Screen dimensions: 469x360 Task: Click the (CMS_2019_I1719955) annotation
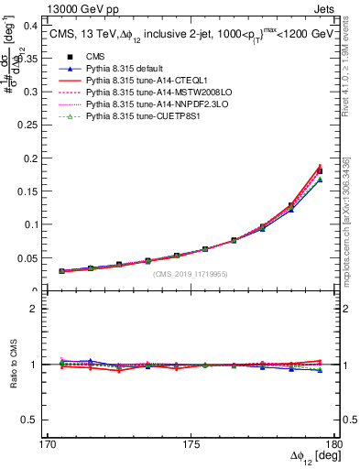point(190,274)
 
